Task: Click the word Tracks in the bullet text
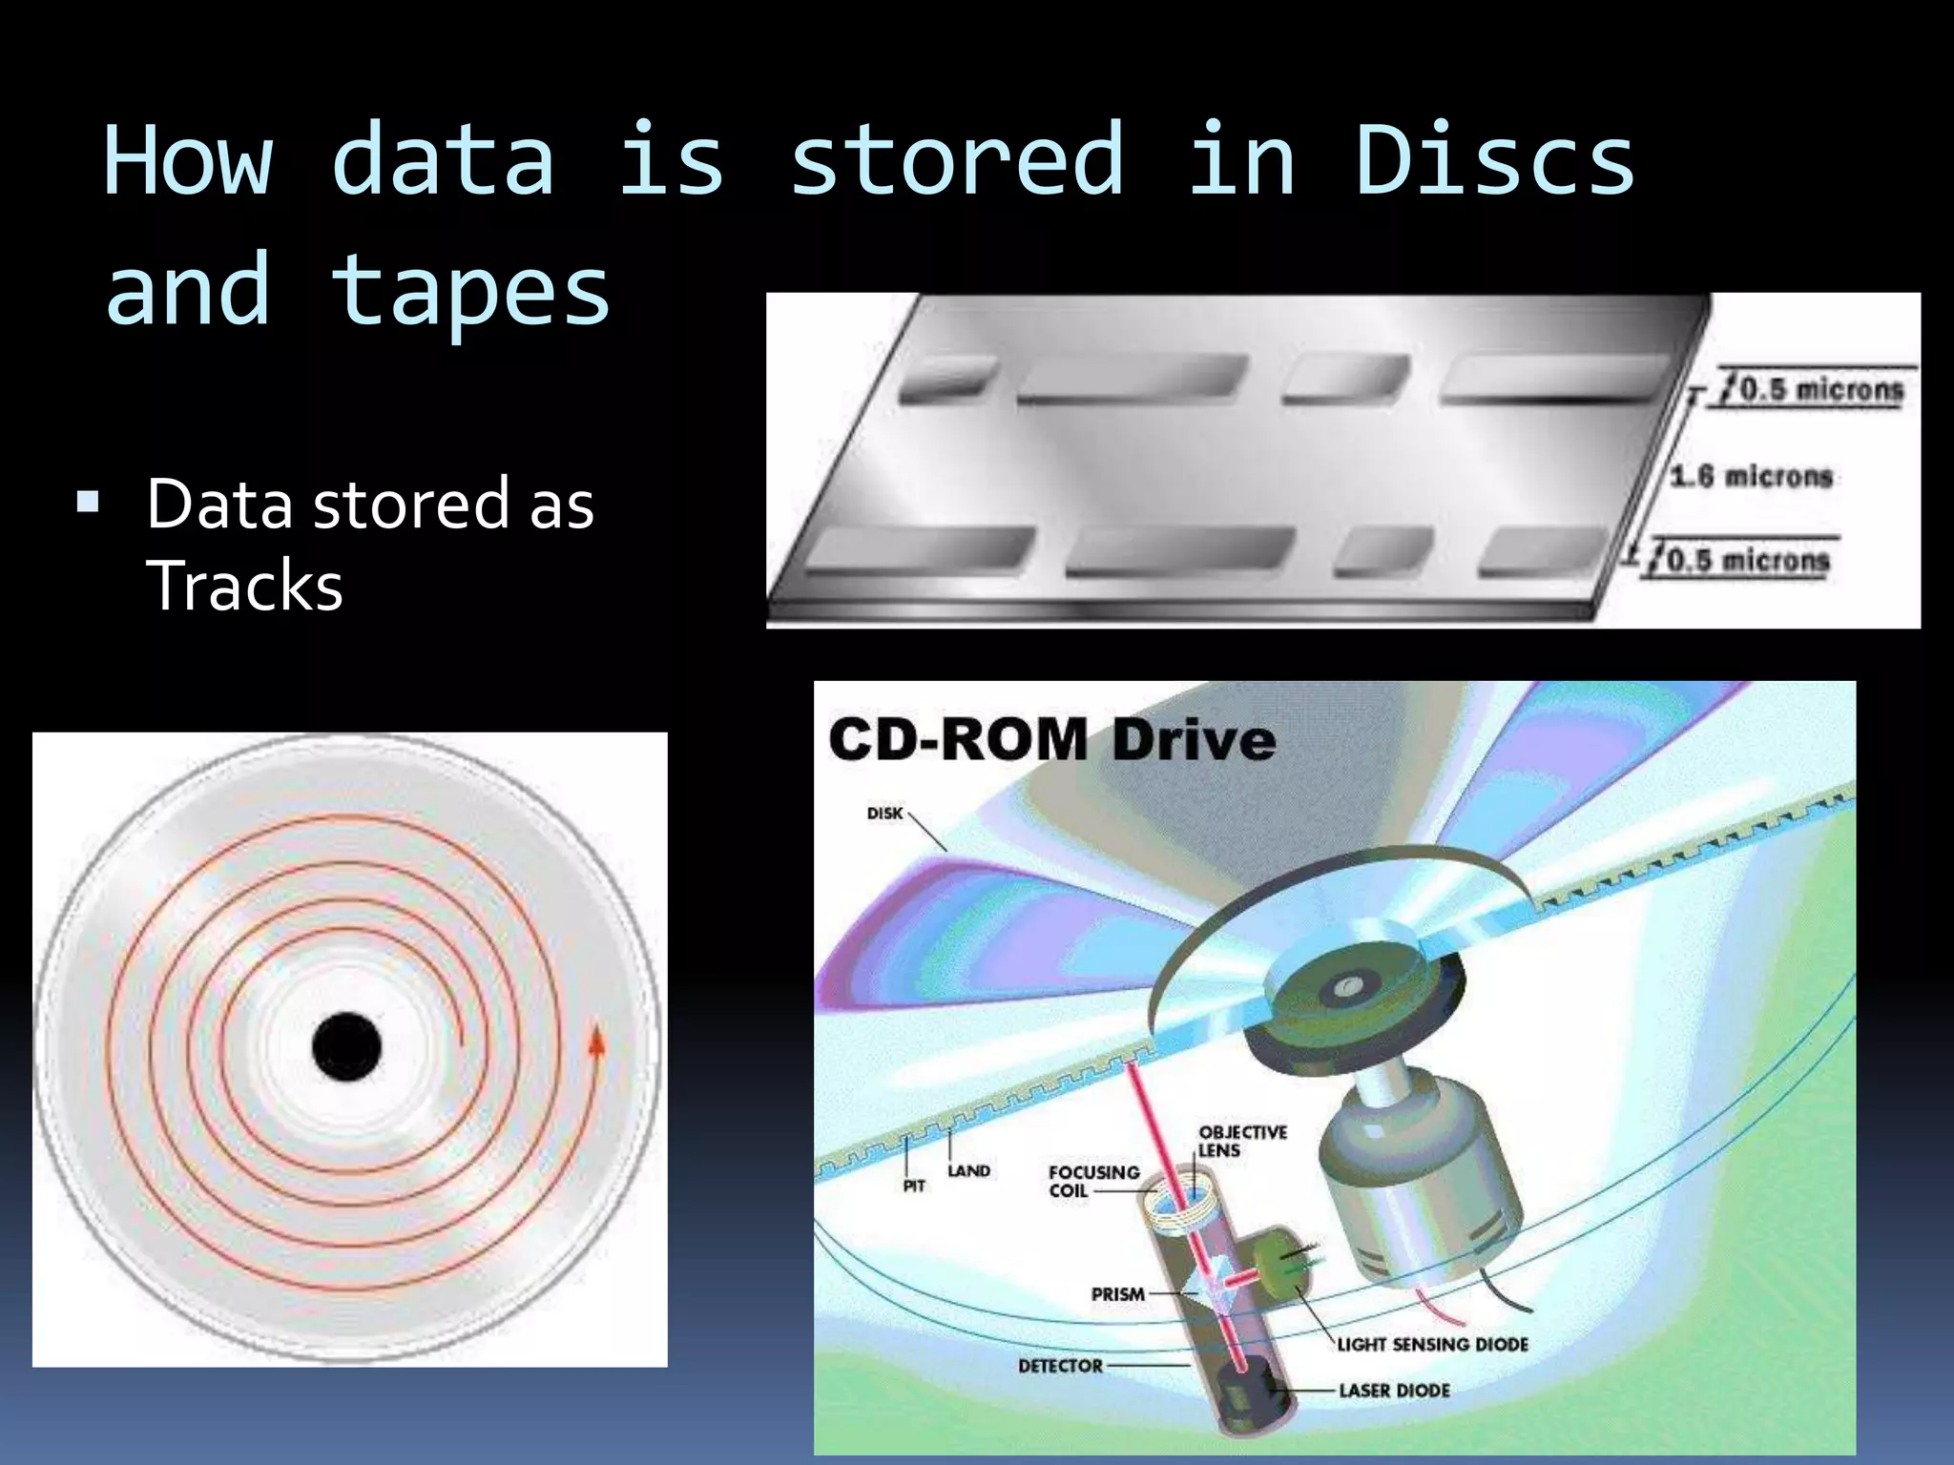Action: pyautogui.click(x=244, y=586)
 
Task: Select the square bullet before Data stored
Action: pyautogui.click(x=88, y=502)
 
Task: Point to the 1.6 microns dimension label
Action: pyautogui.click(x=1752, y=475)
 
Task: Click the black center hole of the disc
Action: pyautogui.click(x=347, y=1046)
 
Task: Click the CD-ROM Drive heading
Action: pyautogui.click(x=1051, y=740)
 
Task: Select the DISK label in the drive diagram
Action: pyautogui.click(x=884, y=814)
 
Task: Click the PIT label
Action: pyautogui.click(x=914, y=1186)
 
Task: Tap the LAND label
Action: pyautogui.click(x=968, y=1170)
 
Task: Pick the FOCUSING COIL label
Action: pyautogui.click(x=1093, y=1181)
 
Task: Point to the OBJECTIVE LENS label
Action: pyautogui.click(x=1242, y=1141)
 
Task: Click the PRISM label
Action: pyautogui.click(x=1117, y=1294)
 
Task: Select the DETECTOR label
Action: pyautogui.click(x=1060, y=1366)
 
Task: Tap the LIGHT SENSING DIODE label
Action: pyautogui.click(x=1432, y=1344)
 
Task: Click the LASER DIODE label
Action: pyautogui.click(x=1394, y=1391)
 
